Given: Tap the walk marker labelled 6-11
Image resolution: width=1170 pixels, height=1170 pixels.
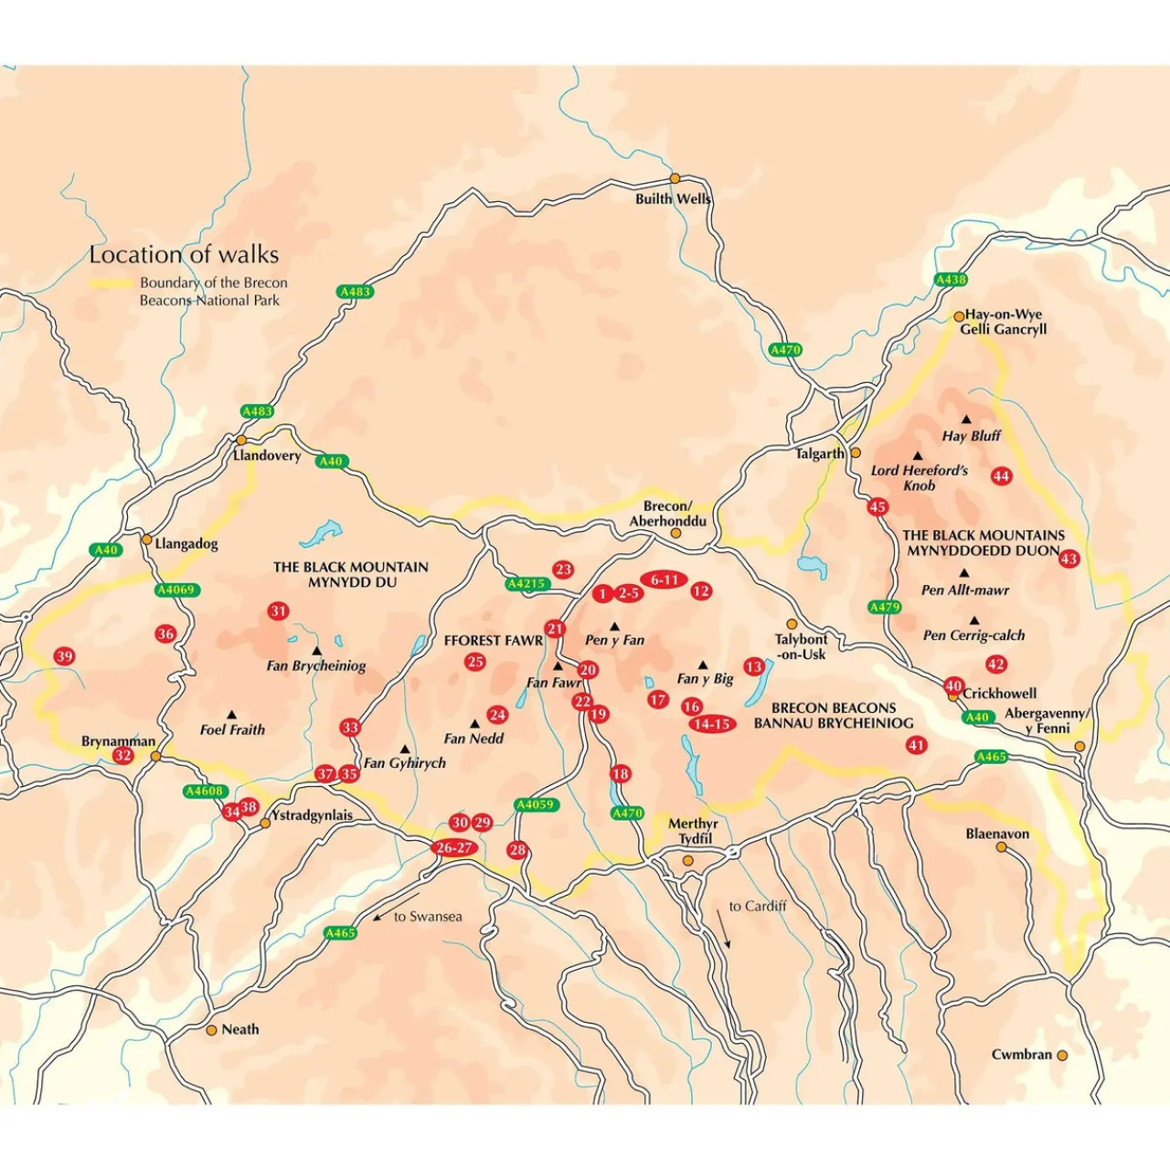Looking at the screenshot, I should click(665, 580).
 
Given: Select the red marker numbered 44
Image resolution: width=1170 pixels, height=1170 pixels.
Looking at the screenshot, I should click(1002, 476).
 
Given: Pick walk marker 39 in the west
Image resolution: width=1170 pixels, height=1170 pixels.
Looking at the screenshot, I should click(64, 656).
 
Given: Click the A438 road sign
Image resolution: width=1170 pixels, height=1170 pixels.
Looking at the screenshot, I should click(951, 280).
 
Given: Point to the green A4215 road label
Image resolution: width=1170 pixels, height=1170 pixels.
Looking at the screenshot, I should click(526, 584).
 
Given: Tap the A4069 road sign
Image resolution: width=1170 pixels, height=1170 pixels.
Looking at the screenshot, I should click(176, 590).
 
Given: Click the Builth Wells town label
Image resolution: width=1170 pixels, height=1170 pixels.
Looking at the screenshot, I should click(673, 198).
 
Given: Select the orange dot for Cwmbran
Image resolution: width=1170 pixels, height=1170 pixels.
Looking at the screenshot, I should click(1062, 1055).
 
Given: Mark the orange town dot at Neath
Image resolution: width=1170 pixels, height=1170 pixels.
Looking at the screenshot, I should click(211, 1030).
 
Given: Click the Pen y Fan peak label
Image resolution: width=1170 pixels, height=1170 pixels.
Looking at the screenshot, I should click(614, 641).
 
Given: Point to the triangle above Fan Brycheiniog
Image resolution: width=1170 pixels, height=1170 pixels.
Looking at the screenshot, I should click(316, 651).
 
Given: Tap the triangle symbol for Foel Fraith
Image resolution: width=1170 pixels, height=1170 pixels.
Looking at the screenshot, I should click(231, 715).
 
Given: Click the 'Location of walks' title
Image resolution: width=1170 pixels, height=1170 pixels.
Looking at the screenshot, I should click(184, 255).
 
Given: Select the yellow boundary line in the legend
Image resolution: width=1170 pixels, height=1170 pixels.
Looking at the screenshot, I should click(111, 283).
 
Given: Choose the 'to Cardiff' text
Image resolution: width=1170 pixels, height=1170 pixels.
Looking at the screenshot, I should click(758, 907).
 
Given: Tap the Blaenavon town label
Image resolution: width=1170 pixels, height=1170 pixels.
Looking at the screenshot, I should click(997, 835).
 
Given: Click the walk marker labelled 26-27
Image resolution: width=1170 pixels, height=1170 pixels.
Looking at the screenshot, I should click(454, 848).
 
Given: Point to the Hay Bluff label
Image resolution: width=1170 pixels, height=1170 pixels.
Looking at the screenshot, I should click(972, 436).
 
